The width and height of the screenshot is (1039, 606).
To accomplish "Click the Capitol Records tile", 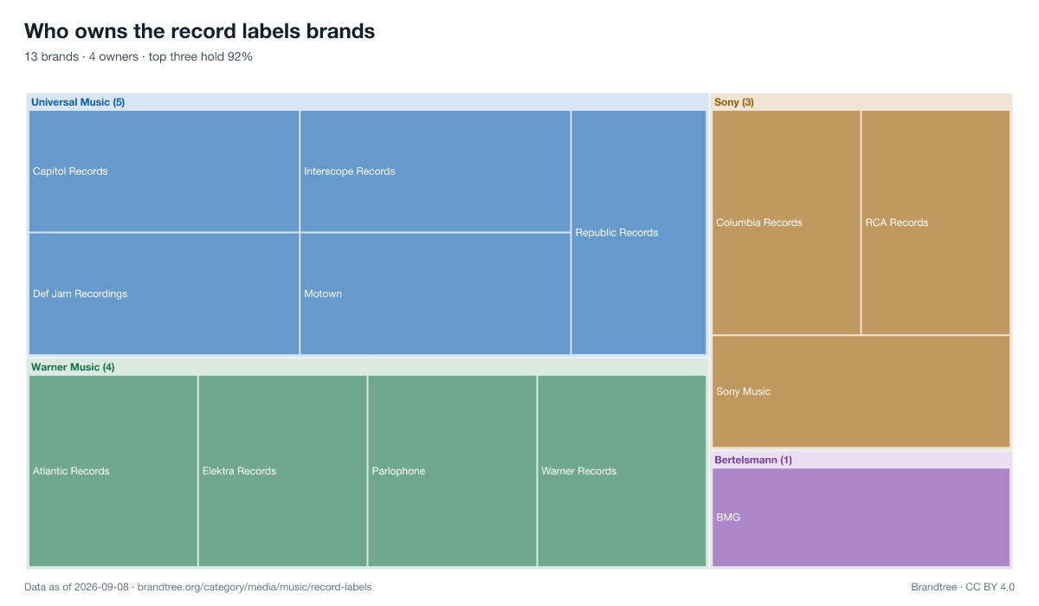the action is pos(165,171).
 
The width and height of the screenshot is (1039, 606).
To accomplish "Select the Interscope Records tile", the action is pos(435,171).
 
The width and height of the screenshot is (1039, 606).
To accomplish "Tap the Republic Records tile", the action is pos(639,232).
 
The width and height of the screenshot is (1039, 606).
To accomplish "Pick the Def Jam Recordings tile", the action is pos(165,293).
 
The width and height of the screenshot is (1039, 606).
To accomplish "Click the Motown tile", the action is pos(435,293).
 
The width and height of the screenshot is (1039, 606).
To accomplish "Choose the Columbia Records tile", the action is pos(786,222).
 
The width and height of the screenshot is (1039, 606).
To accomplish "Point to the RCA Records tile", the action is pos(936,222).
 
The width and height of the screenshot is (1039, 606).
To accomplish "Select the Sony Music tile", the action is pos(861,391).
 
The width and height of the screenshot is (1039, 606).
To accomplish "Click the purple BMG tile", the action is pos(861,518).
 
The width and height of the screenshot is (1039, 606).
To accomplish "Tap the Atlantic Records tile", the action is pos(113,471).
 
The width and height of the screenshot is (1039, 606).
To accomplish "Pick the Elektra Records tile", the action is pos(283,471).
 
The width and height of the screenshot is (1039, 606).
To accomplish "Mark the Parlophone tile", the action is pos(452,471).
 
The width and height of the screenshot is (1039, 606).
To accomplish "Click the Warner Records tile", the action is pos(622,471).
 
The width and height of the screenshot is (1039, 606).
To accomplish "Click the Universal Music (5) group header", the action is pos(78,102).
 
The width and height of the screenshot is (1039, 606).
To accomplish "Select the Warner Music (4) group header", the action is pos(73,367).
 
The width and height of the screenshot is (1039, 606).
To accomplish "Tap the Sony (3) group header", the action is pos(734,102).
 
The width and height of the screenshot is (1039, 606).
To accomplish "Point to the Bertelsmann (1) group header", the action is pos(752,460).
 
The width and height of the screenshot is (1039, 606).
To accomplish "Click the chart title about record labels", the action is pos(199,31).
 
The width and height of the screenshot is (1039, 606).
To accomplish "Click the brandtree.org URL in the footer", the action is pos(255,587).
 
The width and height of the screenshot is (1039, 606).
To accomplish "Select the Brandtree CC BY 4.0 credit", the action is pos(963,587).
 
